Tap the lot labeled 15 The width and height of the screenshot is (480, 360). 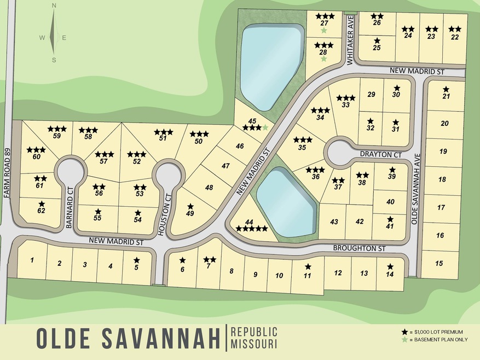pyautogui.click(x=439, y=263)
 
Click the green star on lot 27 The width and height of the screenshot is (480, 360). pyautogui.click(x=324, y=31)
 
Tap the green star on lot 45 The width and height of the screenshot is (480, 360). pyautogui.click(x=265, y=127)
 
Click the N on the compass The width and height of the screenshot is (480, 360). pyautogui.click(x=54, y=5)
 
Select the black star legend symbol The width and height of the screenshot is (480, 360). pyautogui.click(x=404, y=332)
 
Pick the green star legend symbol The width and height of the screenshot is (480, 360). pyautogui.click(x=404, y=340)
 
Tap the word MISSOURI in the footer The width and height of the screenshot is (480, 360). pyautogui.click(x=253, y=344)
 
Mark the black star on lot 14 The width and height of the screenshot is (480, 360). pyautogui.click(x=390, y=266)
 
